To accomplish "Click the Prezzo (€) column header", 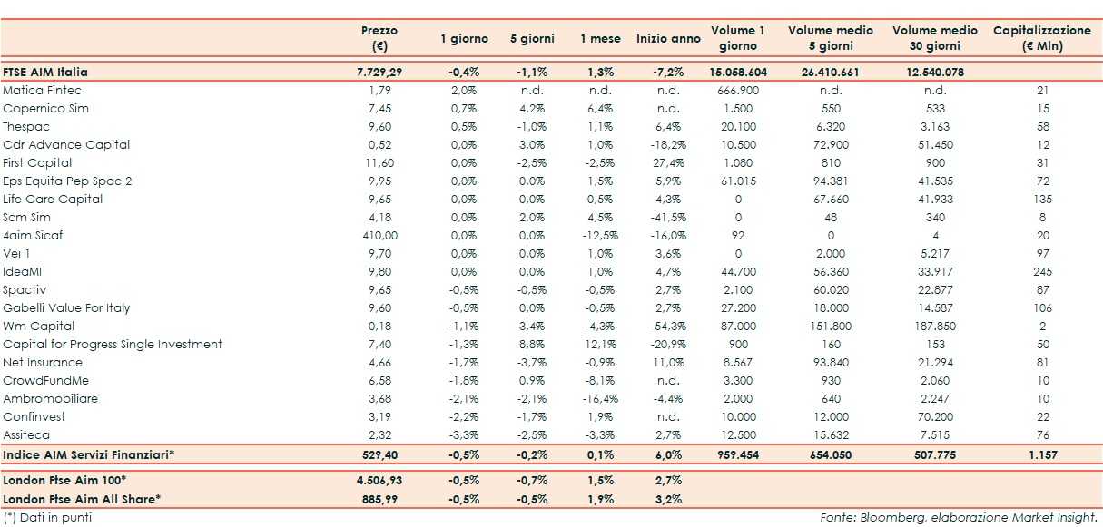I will (379, 38).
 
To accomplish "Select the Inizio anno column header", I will (668, 39).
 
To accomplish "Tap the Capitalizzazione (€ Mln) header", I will (1041, 38).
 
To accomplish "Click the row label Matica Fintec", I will (42, 90).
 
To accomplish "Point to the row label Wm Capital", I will (39, 326).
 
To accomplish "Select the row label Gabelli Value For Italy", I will (66, 307).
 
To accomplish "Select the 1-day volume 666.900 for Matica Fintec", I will (737, 90).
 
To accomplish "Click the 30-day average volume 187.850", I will (935, 326).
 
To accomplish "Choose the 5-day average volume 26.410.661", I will (831, 72).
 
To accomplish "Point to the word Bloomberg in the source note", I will (891, 517).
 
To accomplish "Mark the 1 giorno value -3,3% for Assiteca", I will (464, 434).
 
